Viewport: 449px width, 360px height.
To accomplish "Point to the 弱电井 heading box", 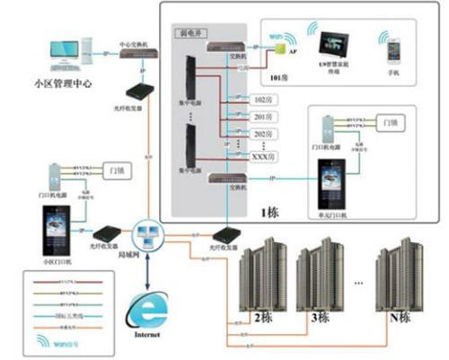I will click(x=190, y=31).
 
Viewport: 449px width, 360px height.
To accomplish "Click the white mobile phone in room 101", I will click(x=392, y=53).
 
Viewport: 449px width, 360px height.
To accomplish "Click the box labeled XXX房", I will click(x=261, y=157).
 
